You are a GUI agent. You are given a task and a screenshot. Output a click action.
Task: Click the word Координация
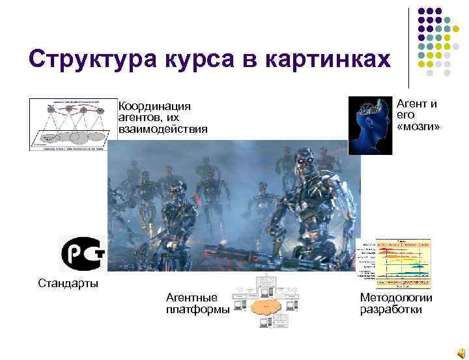(154, 107)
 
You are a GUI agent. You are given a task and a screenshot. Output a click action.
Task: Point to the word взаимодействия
(163, 129)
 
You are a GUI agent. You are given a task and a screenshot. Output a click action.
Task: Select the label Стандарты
(68, 283)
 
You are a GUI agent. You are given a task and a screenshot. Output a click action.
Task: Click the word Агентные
(192, 298)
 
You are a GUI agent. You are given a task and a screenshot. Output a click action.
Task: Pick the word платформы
(198, 309)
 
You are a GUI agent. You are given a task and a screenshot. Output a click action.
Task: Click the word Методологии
(396, 298)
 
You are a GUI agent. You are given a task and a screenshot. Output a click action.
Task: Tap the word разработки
(391, 309)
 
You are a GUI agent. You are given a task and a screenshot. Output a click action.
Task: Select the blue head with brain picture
(370, 125)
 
